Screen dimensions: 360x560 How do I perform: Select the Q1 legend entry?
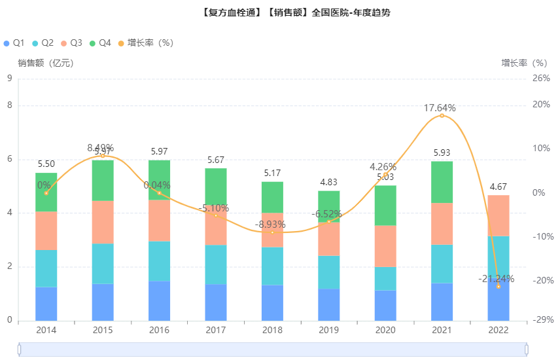pos(14,43)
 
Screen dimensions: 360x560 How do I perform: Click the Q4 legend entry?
pos(100,43)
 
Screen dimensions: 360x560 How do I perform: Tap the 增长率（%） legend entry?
pos(145,43)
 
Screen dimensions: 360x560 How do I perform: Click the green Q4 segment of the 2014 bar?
pos(46,192)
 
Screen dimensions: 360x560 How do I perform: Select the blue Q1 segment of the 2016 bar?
pos(159,300)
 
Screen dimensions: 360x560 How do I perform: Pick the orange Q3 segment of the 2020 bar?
pos(385,246)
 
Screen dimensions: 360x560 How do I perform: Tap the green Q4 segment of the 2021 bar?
pos(442,182)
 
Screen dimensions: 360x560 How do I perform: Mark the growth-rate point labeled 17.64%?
pos(442,116)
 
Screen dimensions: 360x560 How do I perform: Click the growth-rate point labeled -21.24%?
pos(499,287)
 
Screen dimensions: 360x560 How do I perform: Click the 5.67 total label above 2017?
pos(216,160)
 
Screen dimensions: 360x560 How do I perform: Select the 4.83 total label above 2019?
pos(329,182)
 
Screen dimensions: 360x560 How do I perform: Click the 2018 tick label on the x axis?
pos(273,330)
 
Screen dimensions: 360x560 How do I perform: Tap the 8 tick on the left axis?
pos(9,105)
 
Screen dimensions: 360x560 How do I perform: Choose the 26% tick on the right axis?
pos(540,79)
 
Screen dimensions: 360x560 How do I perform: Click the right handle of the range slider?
pos(527,350)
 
